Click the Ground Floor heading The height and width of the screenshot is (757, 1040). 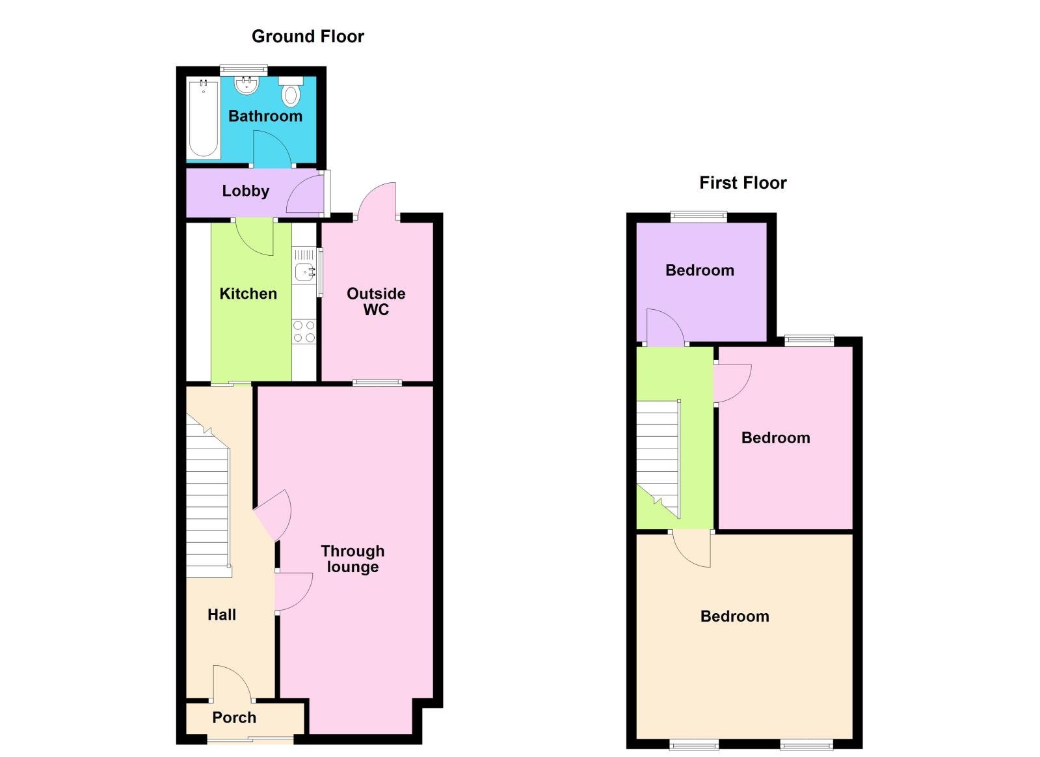click(308, 36)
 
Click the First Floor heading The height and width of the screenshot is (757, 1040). click(743, 183)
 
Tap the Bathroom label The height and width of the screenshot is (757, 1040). click(265, 117)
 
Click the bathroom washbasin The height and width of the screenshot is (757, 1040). click(247, 85)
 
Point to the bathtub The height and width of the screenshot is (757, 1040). click(204, 118)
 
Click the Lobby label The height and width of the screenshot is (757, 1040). click(245, 191)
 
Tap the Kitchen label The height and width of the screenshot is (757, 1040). click(248, 294)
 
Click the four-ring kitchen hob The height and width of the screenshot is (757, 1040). click(304, 331)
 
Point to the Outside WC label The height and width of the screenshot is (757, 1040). click(376, 301)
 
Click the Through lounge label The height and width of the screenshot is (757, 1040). click(353, 559)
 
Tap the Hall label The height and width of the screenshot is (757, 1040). click(222, 614)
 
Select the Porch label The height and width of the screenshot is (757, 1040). click(234, 717)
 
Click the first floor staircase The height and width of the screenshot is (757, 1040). click(658, 456)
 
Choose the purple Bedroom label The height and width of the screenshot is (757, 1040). click(700, 271)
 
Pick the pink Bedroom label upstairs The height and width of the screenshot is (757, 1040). click(776, 438)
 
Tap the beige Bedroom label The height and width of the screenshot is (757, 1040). click(734, 616)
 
